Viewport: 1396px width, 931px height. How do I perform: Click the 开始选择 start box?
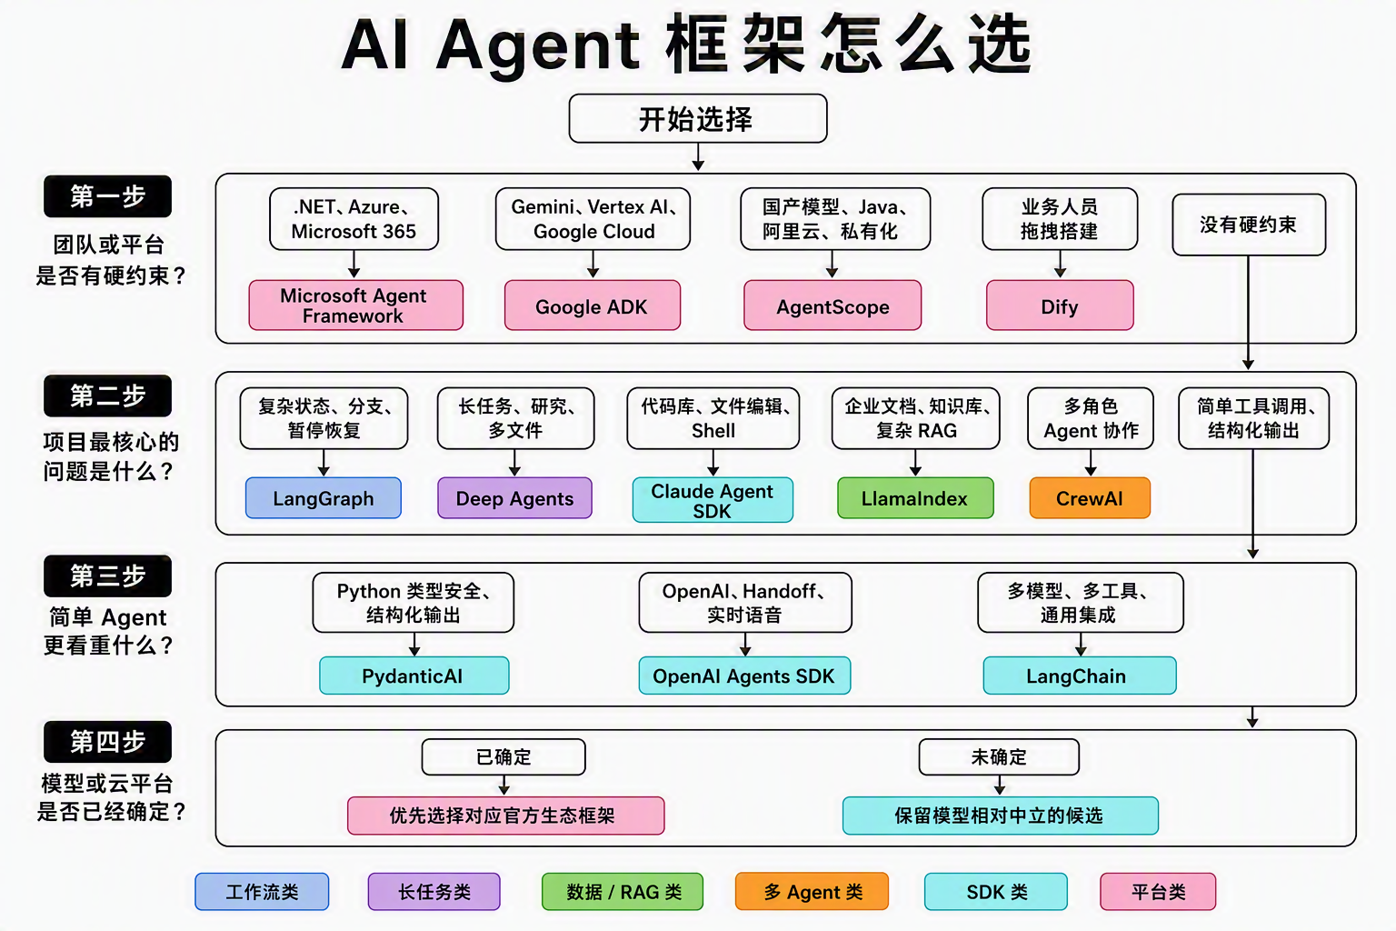click(698, 118)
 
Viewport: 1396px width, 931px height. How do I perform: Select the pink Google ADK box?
click(592, 305)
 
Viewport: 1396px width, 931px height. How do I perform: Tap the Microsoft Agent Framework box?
click(356, 305)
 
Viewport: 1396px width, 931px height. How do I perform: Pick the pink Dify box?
click(1060, 305)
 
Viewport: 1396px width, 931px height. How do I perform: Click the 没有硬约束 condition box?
click(1248, 225)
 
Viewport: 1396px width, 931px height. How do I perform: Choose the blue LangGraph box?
click(324, 498)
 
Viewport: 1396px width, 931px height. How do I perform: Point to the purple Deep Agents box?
click(514, 498)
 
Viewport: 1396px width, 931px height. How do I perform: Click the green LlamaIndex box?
click(915, 498)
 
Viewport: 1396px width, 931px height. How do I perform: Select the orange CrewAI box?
click(1090, 498)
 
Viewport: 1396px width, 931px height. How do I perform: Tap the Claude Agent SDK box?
click(713, 500)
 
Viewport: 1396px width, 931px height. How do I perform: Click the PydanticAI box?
click(414, 676)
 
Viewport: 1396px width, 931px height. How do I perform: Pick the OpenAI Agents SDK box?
click(744, 676)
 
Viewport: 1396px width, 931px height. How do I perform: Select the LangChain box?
click(1080, 676)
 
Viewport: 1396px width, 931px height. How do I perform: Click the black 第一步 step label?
click(108, 196)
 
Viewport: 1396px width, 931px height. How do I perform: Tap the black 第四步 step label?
click(108, 742)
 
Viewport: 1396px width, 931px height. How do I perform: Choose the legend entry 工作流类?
click(262, 892)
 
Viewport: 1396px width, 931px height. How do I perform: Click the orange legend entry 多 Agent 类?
click(812, 892)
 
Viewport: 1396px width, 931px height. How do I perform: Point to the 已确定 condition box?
click(504, 757)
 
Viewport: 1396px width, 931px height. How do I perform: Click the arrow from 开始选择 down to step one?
click(698, 156)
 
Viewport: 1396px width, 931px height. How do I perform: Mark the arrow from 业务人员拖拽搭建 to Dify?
click(1060, 264)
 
